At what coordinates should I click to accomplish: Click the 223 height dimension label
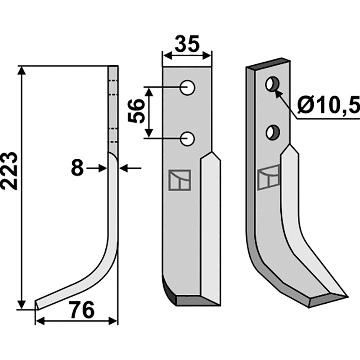(9, 171)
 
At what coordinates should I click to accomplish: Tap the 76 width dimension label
(82, 310)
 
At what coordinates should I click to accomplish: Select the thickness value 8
(77, 168)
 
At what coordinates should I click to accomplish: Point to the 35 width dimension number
(187, 44)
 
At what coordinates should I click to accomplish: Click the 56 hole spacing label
(136, 111)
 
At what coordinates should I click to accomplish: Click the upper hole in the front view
(188, 87)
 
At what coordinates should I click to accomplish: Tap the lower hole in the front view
(188, 139)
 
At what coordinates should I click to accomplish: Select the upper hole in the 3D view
(272, 84)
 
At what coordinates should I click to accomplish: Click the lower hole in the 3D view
(273, 132)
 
